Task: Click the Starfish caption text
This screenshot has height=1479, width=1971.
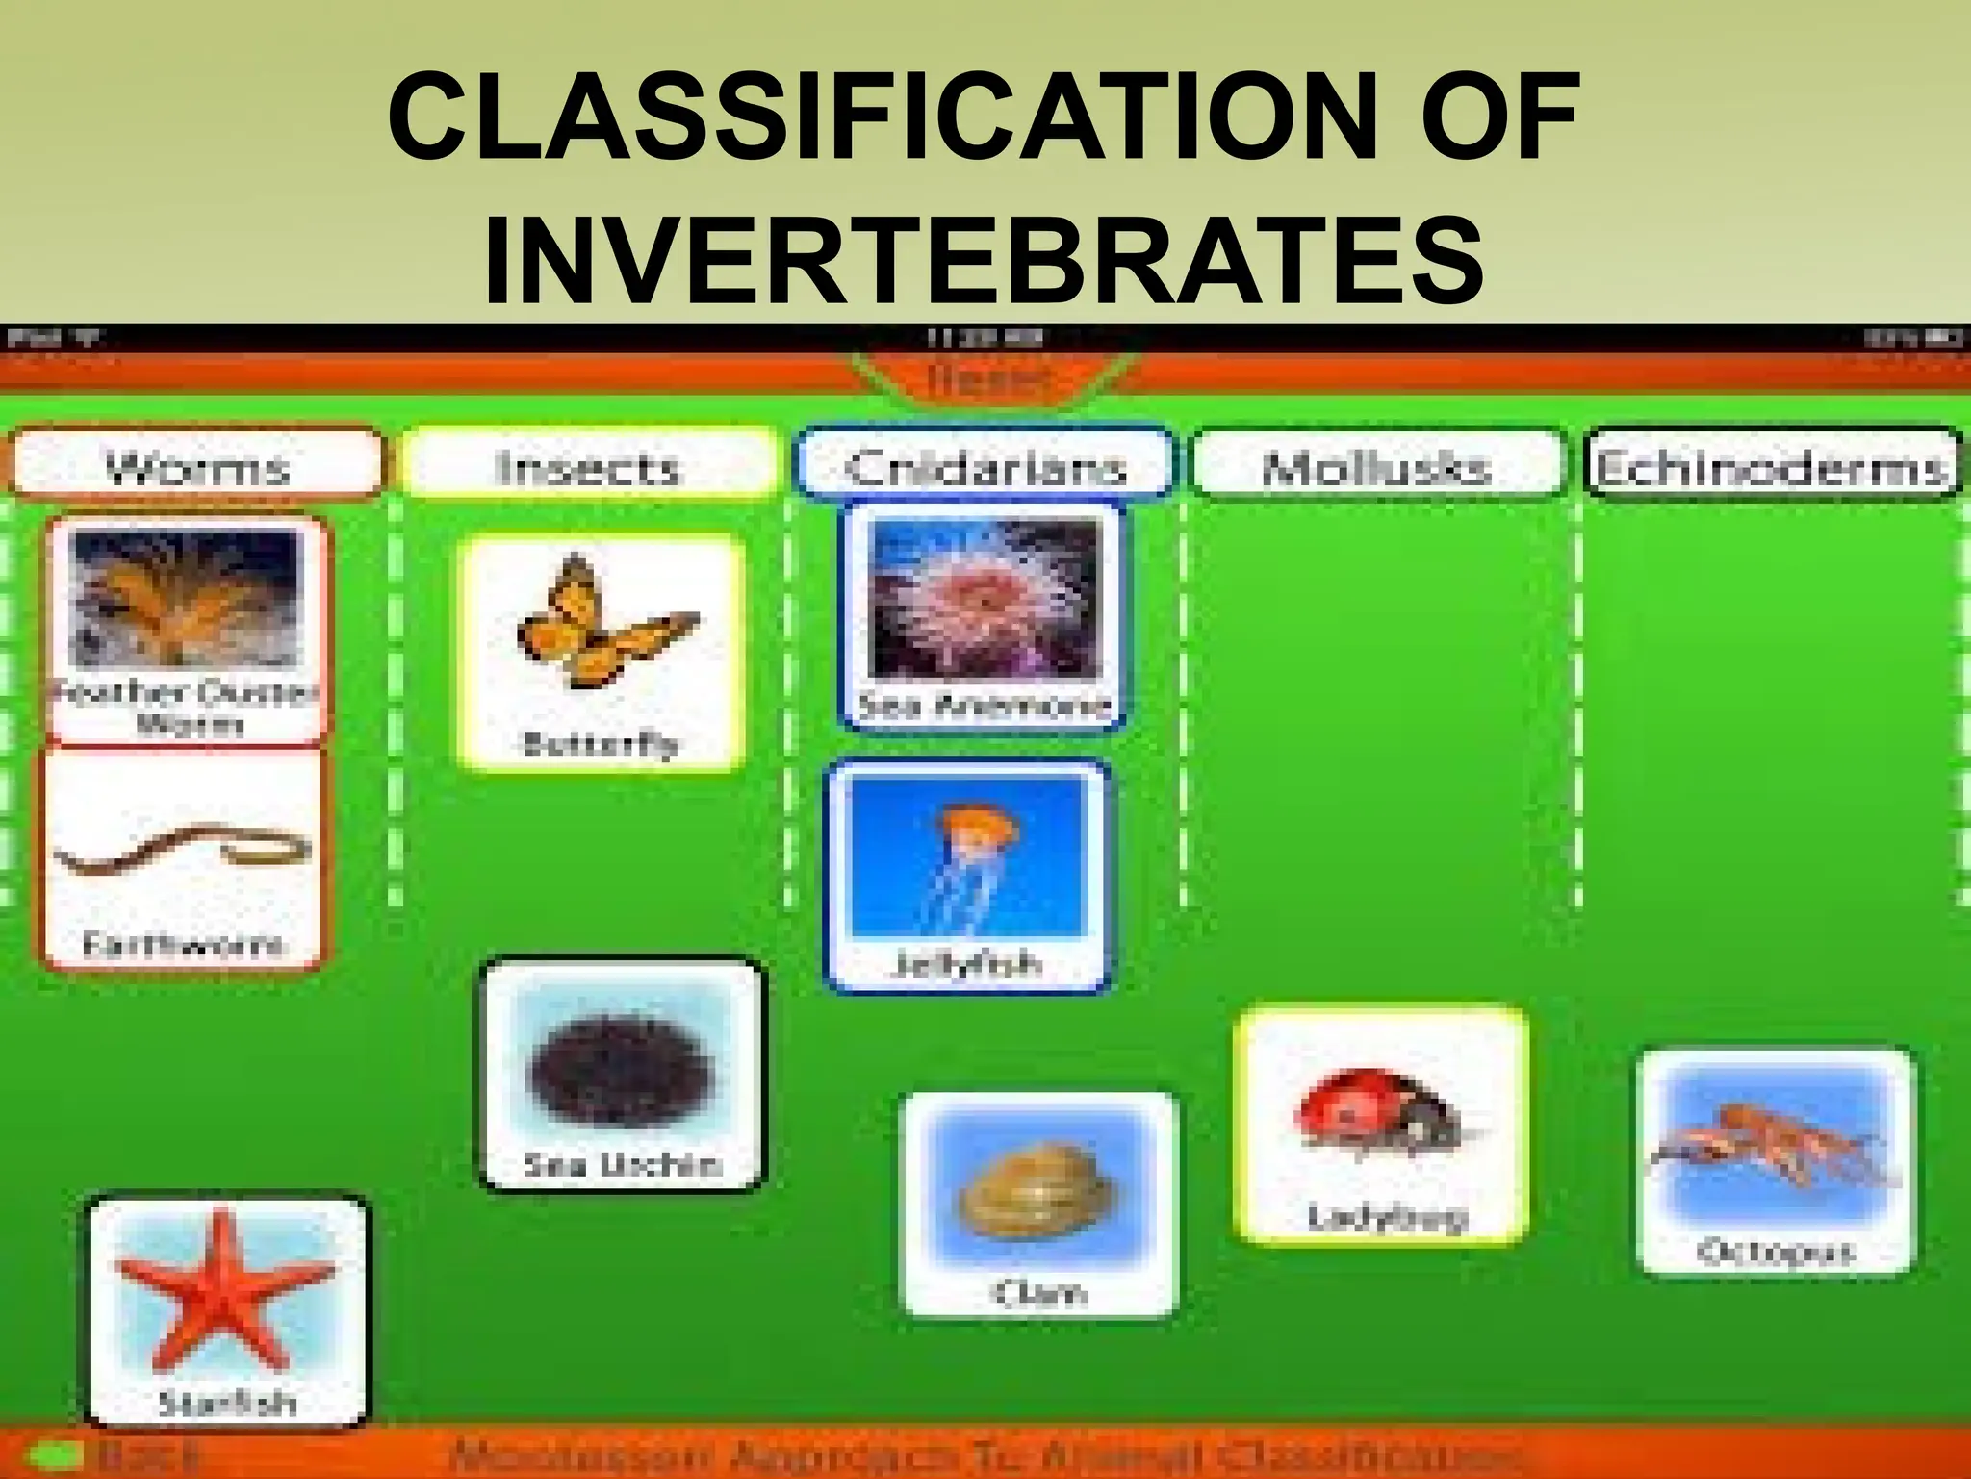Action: pos(227,1402)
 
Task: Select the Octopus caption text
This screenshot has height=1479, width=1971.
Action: pos(1775,1252)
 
